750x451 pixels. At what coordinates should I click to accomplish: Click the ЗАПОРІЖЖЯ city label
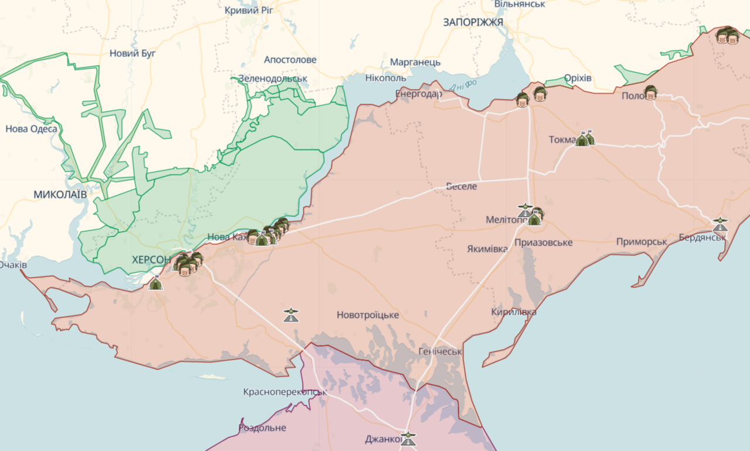tap(473, 22)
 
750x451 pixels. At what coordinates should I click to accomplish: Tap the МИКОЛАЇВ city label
tap(60, 194)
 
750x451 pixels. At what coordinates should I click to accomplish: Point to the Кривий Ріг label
tap(251, 10)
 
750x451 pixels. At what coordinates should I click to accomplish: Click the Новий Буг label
tap(132, 53)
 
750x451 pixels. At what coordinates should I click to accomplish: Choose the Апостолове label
tap(290, 60)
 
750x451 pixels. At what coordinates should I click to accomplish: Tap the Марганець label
tap(415, 62)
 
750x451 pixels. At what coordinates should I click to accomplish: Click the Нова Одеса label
tap(31, 129)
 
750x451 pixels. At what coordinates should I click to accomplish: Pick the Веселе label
tap(461, 186)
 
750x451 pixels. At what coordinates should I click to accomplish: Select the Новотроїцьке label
tap(367, 315)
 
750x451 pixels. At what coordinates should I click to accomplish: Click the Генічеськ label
tap(440, 351)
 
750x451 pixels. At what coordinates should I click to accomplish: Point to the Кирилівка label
tap(513, 312)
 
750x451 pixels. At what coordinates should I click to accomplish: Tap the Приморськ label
tap(642, 242)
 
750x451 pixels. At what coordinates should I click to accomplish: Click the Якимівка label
tap(487, 248)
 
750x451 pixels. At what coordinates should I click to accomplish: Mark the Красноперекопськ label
tap(285, 391)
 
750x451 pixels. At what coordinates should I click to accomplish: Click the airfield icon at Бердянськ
tap(720, 224)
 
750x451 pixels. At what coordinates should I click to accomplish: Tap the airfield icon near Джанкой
tap(408, 439)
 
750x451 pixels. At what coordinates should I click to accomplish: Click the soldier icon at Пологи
tap(650, 93)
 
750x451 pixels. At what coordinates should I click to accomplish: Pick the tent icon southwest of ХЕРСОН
tap(155, 283)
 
